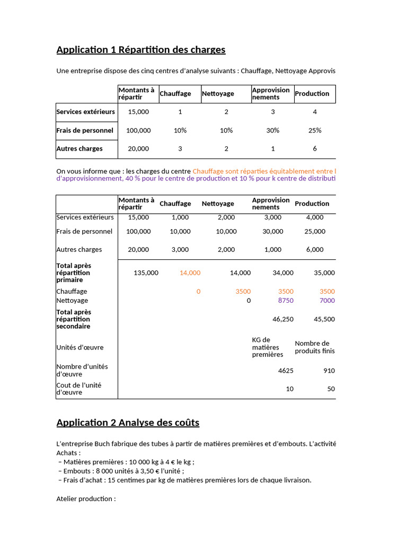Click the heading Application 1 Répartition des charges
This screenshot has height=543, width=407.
140,50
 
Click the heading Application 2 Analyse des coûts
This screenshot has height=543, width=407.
128,423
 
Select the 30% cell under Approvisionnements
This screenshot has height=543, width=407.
273,130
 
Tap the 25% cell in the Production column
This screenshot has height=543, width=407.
315,130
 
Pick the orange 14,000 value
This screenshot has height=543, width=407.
190,273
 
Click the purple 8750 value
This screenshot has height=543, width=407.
286,300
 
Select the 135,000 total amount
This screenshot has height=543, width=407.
146,273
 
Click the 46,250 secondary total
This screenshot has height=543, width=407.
282,319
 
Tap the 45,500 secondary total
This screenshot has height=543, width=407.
324,319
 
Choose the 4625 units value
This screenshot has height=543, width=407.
286,371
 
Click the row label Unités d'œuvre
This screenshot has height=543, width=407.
80,347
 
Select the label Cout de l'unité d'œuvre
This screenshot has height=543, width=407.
79,389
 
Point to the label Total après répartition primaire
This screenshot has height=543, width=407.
74,273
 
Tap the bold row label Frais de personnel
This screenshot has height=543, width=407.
85,130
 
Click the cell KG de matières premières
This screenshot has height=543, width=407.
268,347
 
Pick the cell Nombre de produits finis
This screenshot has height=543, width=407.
315,347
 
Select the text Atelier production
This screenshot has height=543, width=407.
86,498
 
